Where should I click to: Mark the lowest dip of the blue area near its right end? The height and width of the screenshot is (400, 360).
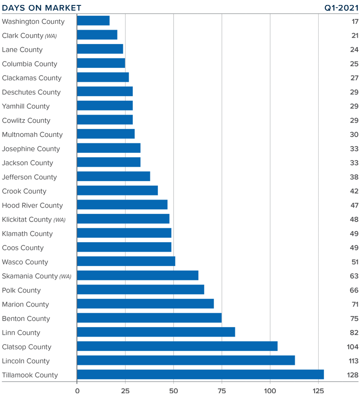point(319,369)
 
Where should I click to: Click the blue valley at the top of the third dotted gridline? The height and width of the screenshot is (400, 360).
point(174,256)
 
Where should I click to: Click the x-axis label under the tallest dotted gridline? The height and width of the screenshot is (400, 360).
point(126,389)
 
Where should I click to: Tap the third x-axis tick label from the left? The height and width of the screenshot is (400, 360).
point(174,389)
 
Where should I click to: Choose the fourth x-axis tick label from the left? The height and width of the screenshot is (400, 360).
point(222,389)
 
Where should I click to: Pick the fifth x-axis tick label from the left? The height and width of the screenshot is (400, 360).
point(270,389)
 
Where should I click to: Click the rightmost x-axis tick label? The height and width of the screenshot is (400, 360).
point(318,389)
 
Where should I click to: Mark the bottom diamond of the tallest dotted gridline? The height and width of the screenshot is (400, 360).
point(126,367)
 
